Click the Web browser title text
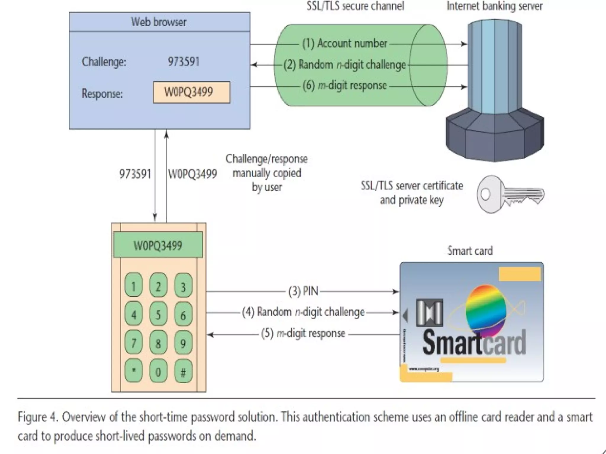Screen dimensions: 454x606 (159, 22)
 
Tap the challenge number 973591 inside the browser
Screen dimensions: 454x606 (183, 62)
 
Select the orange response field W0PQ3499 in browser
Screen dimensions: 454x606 (191, 92)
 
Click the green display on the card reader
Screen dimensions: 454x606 (158, 245)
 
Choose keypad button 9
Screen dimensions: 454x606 (183, 343)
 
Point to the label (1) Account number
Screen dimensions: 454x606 (344, 43)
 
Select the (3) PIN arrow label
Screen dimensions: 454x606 (303, 291)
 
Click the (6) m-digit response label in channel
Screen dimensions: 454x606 (344, 86)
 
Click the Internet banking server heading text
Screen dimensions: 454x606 (494, 6)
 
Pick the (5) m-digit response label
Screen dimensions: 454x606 (303, 333)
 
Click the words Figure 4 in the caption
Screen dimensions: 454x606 (39, 417)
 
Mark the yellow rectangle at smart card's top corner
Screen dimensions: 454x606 (520, 274)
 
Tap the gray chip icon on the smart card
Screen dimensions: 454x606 (429, 313)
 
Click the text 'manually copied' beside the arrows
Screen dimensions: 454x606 (266, 173)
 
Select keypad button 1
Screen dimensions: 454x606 (133, 286)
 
